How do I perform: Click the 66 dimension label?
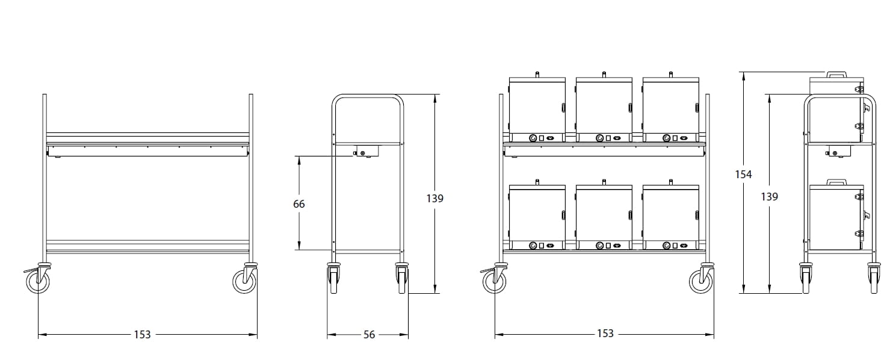point(299,204)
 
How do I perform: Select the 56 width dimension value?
point(369,335)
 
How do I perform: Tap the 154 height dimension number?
point(743,175)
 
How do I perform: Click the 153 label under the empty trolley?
point(142,334)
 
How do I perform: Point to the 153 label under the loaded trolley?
point(605,334)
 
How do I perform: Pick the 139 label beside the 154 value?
point(769,197)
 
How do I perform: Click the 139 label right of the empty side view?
point(435,199)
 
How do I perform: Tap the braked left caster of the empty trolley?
point(37,278)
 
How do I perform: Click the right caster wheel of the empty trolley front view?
point(245,278)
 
